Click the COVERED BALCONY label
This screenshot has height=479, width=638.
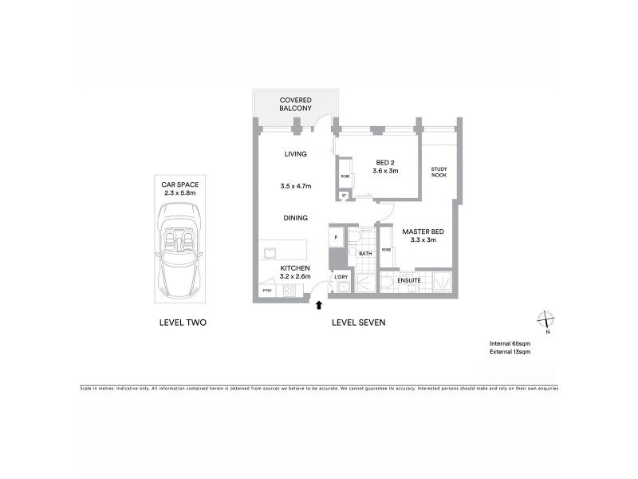click(x=295, y=104)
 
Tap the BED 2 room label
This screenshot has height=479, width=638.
click(x=385, y=166)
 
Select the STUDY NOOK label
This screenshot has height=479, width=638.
click(x=439, y=172)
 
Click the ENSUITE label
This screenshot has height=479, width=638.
click(x=410, y=281)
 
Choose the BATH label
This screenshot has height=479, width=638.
click(x=365, y=254)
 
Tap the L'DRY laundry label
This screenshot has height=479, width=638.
click(x=341, y=277)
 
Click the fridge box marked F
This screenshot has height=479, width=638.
click(x=336, y=238)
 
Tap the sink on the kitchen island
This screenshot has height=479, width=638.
click(x=271, y=253)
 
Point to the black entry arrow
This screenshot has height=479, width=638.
click(x=320, y=304)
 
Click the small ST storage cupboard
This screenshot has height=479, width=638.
click(x=344, y=195)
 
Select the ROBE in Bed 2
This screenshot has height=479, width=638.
click(x=345, y=176)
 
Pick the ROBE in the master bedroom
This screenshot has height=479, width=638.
click(x=386, y=249)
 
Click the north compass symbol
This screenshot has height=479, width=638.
click(x=545, y=320)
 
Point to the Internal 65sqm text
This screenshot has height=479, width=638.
click(x=510, y=344)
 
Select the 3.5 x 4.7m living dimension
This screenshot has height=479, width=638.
click(x=296, y=186)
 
